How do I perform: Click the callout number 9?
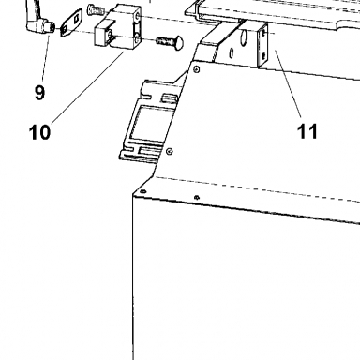[39, 93]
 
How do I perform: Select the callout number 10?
[39, 132]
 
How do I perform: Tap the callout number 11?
[307, 131]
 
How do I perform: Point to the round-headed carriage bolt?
[170, 42]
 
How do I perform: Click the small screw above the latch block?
[96, 9]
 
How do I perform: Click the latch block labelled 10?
[118, 30]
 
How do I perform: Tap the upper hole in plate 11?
[265, 33]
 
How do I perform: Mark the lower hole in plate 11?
[264, 55]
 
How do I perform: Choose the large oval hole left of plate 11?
[244, 37]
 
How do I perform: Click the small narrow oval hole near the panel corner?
[232, 53]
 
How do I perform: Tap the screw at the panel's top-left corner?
[197, 68]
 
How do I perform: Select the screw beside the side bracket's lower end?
[170, 152]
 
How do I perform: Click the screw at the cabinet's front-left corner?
[142, 191]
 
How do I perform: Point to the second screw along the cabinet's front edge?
[197, 197]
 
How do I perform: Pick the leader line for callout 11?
[288, 83]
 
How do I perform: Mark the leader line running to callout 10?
[88, 87]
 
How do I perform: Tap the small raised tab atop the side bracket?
[169, 99]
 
